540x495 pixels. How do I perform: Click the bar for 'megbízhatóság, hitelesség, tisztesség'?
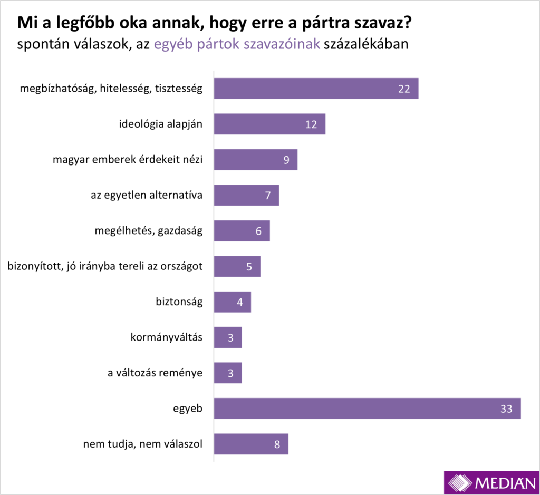pyautogui.click(x=316, y=89)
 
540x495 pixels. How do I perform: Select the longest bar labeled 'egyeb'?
pyautogui.click(x=367, y=409)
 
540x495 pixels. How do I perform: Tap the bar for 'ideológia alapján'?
pyautogui.click(x=269, y=124)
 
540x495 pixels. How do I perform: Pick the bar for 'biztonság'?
pyautogui.click(x=232, y=302)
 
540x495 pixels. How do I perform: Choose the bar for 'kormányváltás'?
pyautogui.click(x=228, y=337)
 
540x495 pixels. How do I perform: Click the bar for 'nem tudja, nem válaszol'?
pyautogui.click(x=251, y=444)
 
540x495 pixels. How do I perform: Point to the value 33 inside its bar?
pyautogui.click(x=506, y=409)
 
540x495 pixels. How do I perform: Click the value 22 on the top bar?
pyautogui.click(x=404, y=89)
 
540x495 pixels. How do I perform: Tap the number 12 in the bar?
pyautogui.click(x=311, y=124)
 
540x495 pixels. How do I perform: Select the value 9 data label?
pyautogui.click(x=286, y=160)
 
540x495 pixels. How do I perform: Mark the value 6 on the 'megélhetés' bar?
pyautogui.click(x=258, y=231)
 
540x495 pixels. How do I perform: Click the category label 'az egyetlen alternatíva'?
pyautogui.click(x=147, y=195)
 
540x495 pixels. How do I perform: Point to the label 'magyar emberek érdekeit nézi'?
pyautogui.click(x=128, y=160)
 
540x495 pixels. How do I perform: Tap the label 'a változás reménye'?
pyautogui.click(x=155, y=373)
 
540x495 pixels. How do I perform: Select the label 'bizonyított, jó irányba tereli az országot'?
pyautogui.click(x=105, y=266)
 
